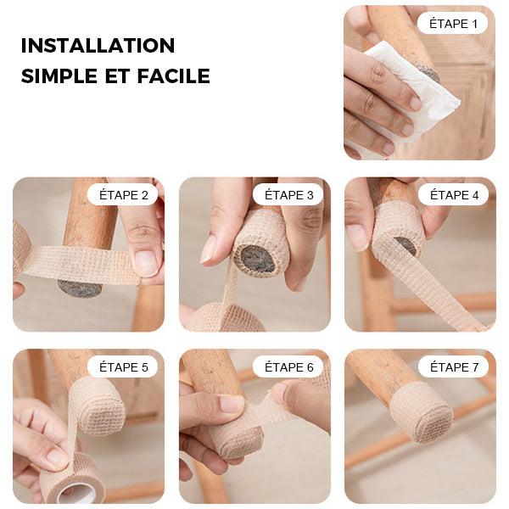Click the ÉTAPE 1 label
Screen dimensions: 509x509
(452, 23)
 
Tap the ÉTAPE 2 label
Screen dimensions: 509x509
(122, 194)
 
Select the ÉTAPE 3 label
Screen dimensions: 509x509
(288, 194)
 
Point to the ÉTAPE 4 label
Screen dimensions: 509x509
(453, 194)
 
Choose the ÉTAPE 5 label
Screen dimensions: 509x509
(122, 366)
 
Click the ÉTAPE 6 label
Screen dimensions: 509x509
(288, 366)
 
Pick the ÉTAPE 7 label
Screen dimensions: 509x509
(453, 366)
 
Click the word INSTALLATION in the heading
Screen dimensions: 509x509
(98, 45)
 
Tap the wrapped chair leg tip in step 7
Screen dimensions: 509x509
(421, 411)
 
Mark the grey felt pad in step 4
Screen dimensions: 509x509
(406, 245)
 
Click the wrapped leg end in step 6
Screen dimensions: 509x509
(237, 437)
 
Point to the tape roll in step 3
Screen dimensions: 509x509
(225, 319)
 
